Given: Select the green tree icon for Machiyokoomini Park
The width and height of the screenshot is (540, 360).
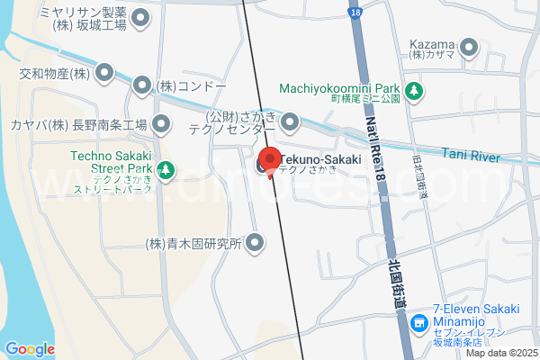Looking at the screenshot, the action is pos(414,90).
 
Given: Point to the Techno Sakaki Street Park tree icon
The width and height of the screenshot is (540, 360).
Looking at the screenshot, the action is pos(166,169).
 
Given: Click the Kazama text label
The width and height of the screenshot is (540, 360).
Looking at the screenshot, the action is pos(431,44).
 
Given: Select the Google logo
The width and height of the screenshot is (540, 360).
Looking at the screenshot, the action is pos(30,348).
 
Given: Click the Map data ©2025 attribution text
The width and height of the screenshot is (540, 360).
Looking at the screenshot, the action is pos(500,353).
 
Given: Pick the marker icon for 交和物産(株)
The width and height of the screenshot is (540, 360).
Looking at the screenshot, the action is pos(105,72).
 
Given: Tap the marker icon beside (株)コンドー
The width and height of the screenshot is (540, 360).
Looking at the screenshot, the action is pos(142,85).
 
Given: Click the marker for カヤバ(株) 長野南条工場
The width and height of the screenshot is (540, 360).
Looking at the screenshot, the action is pos(161,123).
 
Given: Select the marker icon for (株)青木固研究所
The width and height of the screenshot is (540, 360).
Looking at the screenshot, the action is pos(256,243).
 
